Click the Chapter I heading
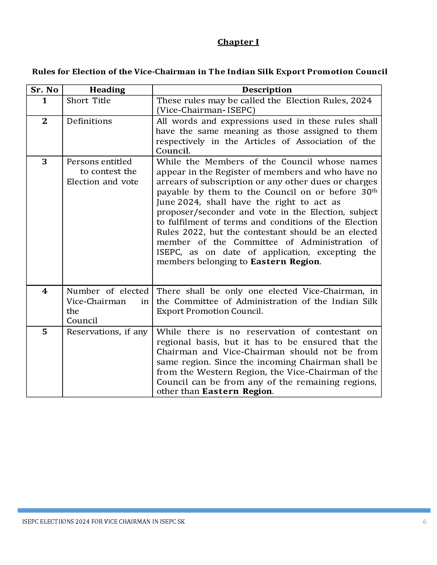(238, 42)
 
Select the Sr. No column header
(44, 90)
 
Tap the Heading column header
(107, 90)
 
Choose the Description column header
(267, 90)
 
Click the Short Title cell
(88, 100)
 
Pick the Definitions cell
(89, 121)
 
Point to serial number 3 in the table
(44, 162)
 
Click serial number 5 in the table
(44, 332)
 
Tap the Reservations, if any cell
(107, 332)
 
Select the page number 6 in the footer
(425, 522)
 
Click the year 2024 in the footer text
(83, 522)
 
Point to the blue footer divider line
(224, 510)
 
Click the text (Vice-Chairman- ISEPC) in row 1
(206, 110)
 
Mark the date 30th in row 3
(369, 192)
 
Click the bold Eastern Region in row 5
(237, 391)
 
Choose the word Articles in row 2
(260, 142)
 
